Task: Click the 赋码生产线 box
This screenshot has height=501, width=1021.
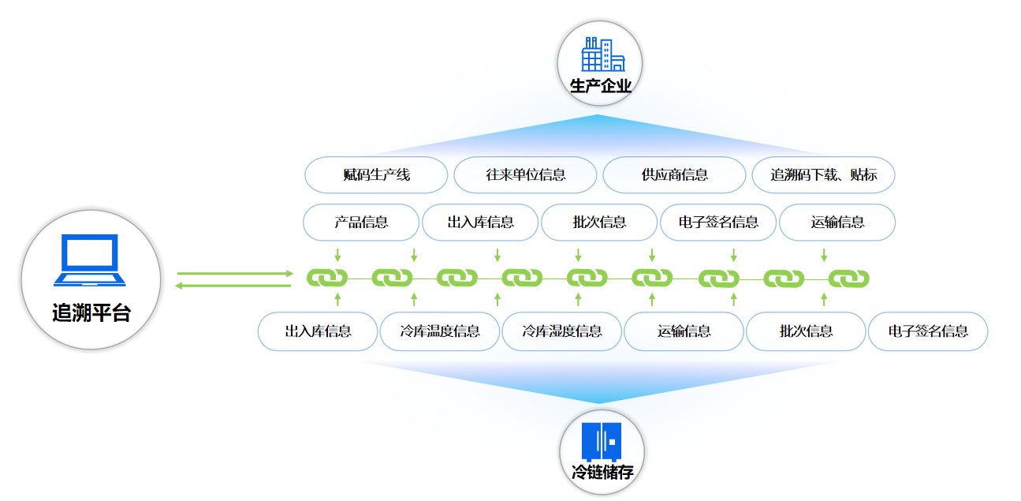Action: tap(376, 175)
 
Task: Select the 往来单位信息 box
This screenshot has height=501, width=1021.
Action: tap(525, 175)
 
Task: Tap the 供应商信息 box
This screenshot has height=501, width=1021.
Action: tap(674, 175)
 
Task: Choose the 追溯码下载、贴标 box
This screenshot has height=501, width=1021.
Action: tap(823, 175)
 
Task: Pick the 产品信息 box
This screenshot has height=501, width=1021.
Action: tap(361, 222)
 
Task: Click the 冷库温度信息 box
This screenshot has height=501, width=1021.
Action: tap(440, 331)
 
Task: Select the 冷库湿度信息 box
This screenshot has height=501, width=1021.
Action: tap(562, 331)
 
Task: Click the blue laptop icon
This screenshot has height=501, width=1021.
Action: tap(90, 260)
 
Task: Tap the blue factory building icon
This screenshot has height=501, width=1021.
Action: tap(602, 54)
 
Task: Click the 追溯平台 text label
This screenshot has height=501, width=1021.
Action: tap(91, 312)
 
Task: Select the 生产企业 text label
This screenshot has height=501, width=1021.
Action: tap(601, 85)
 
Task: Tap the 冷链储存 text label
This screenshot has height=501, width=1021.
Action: tap(602, 473)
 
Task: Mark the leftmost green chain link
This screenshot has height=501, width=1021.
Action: tap(327, 279)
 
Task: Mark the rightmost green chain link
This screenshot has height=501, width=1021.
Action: tap(848, 279)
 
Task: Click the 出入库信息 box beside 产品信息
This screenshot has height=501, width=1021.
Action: tap(480, 222)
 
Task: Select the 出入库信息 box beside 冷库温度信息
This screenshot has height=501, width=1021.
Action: tap(318, 331)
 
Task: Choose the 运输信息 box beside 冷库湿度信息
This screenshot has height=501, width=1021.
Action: tap(684, 331)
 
